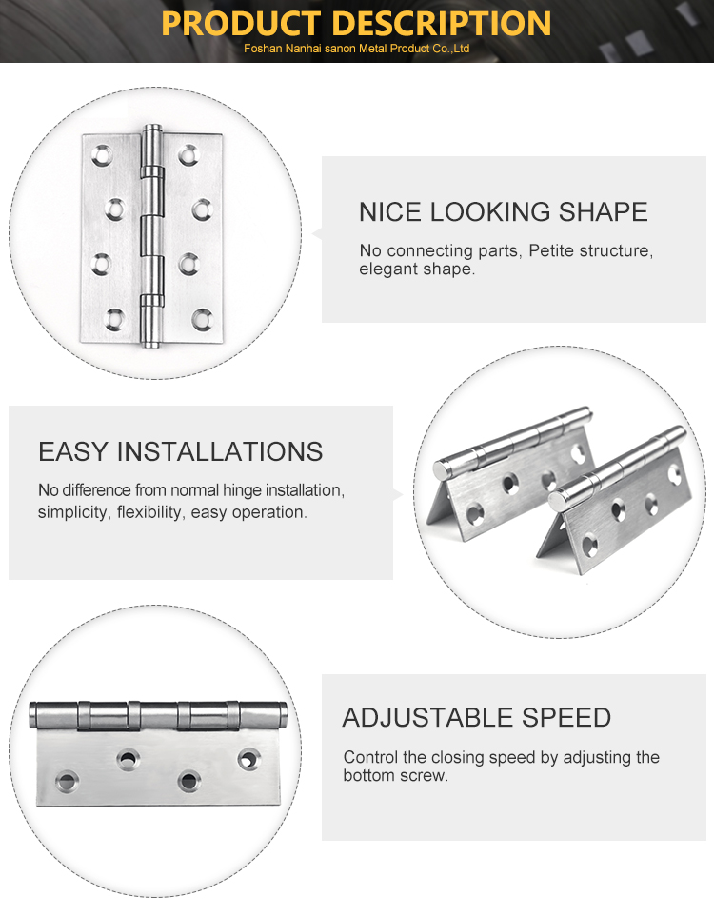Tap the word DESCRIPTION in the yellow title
click(445, 23)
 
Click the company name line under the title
click(357, 49)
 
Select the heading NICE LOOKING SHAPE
click(504, 211)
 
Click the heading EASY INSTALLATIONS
click(181, 451)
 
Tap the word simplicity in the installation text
click(74, 512)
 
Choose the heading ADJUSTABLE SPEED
click(477, 718)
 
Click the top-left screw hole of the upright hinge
click(102, 155)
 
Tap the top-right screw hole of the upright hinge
click(188, 155)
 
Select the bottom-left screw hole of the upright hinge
click(114, 319)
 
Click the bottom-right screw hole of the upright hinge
click(202, 319)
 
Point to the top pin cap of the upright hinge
click(152, 129)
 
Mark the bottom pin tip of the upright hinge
click(152, 344)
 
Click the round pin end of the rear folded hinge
click(442, 469)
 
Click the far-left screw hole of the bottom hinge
click(67, 781)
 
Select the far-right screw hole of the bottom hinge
click(248, 759)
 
